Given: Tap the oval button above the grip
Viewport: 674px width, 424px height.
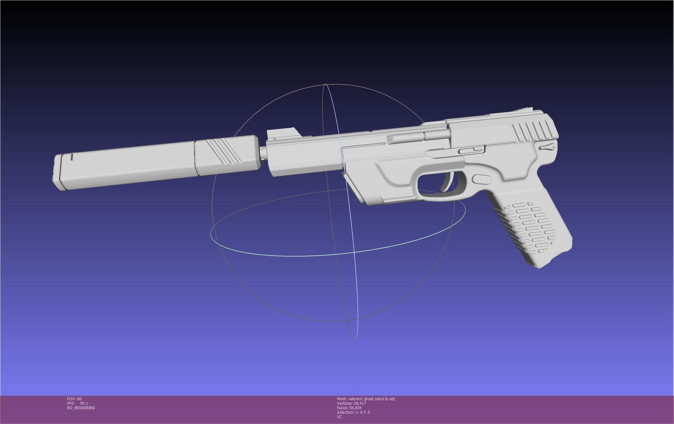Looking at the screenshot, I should tap(482, 179).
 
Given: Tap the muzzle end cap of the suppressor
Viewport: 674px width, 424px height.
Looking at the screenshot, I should tap(58, 172).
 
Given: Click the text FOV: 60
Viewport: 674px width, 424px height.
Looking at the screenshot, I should tap(74, 399).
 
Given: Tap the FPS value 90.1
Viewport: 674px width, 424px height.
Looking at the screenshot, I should tap(84, 403).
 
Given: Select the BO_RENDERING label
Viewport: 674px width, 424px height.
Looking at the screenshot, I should tap(81, 408).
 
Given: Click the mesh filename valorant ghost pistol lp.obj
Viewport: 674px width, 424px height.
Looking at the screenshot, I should tap(371, 399).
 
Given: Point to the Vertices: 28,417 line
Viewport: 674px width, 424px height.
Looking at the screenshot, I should tap(351, 403).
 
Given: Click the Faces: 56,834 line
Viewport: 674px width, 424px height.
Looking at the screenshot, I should tap(349, 408).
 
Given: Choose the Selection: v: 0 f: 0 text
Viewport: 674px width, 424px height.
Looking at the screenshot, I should tap(353, 412).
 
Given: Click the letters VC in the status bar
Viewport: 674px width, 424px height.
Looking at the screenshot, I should tap(339, 417).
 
